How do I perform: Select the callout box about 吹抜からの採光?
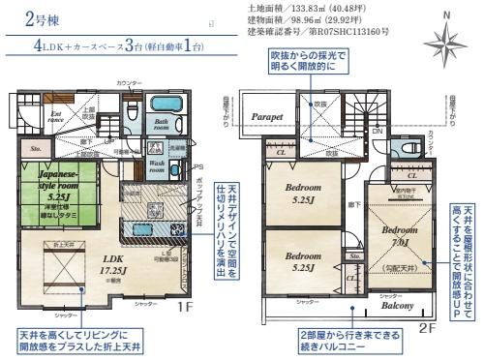tap(312, 67)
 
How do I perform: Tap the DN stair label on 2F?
tap(378, 131)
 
